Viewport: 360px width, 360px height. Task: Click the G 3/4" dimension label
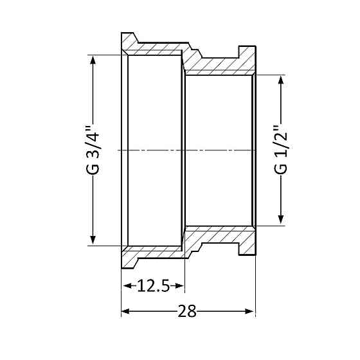[x=93, y=150]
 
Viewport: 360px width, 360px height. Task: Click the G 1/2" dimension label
[x=280, y=150]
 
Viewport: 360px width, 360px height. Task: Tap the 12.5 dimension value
[x=153, y=286]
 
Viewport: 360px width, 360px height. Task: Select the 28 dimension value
[x=187, y=311]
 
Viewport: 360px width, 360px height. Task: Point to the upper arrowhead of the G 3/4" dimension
[x=93, y=60]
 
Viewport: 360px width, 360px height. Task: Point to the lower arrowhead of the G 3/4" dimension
[x=93, y=240]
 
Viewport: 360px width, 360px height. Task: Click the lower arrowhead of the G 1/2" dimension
[x=280, y=219]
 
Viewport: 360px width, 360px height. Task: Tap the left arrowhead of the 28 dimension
[x=126, y=311]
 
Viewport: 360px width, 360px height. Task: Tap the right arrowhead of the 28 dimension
[x=250, y=311]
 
